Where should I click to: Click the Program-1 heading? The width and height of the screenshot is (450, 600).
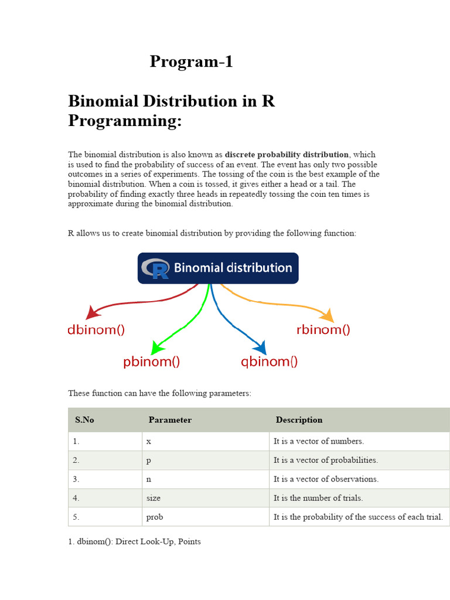191,62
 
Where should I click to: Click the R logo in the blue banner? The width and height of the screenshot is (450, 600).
156,268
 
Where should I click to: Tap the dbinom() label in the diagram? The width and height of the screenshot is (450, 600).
96,330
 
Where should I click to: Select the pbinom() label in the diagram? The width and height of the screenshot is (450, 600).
151,362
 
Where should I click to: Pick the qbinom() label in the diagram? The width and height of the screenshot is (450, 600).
270,362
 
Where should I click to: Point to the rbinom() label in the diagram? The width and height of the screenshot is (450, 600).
323,330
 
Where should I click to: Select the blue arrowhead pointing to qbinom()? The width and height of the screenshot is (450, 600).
261,348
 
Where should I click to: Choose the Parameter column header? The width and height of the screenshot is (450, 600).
170,420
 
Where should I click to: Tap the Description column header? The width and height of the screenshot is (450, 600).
299,420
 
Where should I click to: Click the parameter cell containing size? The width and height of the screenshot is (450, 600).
153,498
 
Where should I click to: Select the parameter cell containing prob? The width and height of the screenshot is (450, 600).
154,517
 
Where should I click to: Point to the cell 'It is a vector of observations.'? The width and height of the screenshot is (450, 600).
326,479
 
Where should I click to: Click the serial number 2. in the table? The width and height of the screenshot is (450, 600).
76,460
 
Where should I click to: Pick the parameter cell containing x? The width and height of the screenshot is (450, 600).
149,441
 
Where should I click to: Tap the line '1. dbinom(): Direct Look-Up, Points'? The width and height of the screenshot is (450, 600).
134,541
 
